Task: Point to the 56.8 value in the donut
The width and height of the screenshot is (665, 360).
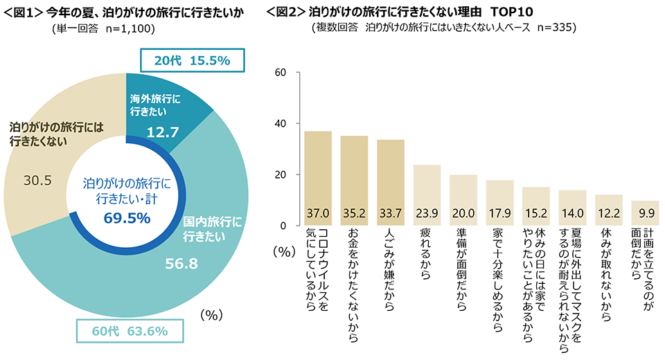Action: tap(178, 262)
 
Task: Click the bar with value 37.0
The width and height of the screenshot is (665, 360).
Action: tap(318, 178)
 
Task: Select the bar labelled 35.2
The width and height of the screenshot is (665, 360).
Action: tap(355, 181)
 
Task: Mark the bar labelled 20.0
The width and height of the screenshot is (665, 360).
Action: tap(463, 199)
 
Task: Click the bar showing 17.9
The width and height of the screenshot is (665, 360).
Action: tap(499, 202)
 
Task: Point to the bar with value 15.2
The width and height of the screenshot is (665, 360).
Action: tap(535, 206)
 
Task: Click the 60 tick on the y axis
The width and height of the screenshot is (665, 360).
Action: tap(281, 73)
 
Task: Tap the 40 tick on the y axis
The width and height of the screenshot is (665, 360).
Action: tap(281, 124)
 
